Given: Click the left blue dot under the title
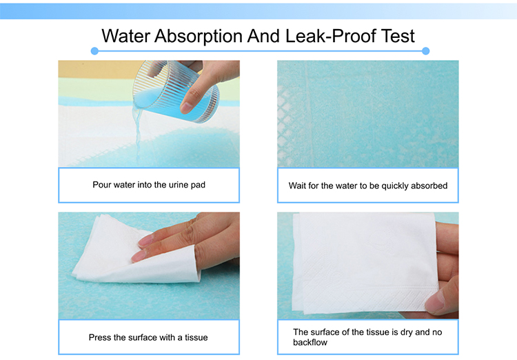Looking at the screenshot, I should tap(94, 50).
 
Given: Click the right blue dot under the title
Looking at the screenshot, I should tap(425, 50).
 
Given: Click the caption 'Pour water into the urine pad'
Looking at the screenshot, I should tap(149, 185).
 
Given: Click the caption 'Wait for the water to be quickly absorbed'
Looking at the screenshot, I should tap(368, 186).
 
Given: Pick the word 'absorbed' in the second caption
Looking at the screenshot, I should tap(430, 186).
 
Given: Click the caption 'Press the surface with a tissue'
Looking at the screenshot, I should tap(148, 337).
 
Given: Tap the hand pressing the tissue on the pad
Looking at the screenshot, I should tap(196, 241).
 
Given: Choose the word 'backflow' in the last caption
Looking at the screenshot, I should tap(310, 342).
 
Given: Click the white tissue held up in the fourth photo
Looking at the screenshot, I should tap(358, 262).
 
